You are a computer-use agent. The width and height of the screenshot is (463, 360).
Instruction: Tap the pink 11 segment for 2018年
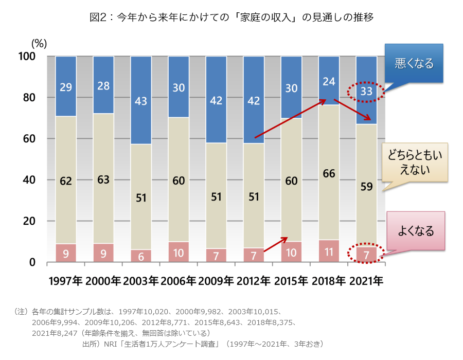pyautogui.click(x=329, y=251)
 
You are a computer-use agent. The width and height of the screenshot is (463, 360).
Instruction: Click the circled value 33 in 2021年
pyautogui.click(x=366, y=92)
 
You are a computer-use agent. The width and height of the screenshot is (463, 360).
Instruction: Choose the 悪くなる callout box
pyautogui.click(x=414, y=64)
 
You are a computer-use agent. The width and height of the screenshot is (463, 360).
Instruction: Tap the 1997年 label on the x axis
pyautogui.click(x=66, y=281)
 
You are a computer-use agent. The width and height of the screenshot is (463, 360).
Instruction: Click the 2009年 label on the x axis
pyautogui.click(x=216, y=281)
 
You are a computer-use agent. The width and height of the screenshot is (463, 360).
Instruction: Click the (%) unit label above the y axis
pyautogui.click(x=39, y=44)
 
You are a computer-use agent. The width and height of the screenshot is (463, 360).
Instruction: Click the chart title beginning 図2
pyautogui.click(x=232, y=17)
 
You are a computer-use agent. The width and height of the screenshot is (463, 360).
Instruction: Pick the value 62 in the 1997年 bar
pyautogui.click(x=66, y=181)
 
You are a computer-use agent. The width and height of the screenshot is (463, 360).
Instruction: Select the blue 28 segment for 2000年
pyautogui.click(x=103, y=85)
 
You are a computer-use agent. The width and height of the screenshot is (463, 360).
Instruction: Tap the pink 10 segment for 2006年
pyautogui.click(x=179, y=253)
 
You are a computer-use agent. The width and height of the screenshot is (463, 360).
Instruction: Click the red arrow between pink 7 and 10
pyautogui.click(x=275, y=245)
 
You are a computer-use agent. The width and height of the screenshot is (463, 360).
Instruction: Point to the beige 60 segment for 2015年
pyautogui.click(x=291, y=181)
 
